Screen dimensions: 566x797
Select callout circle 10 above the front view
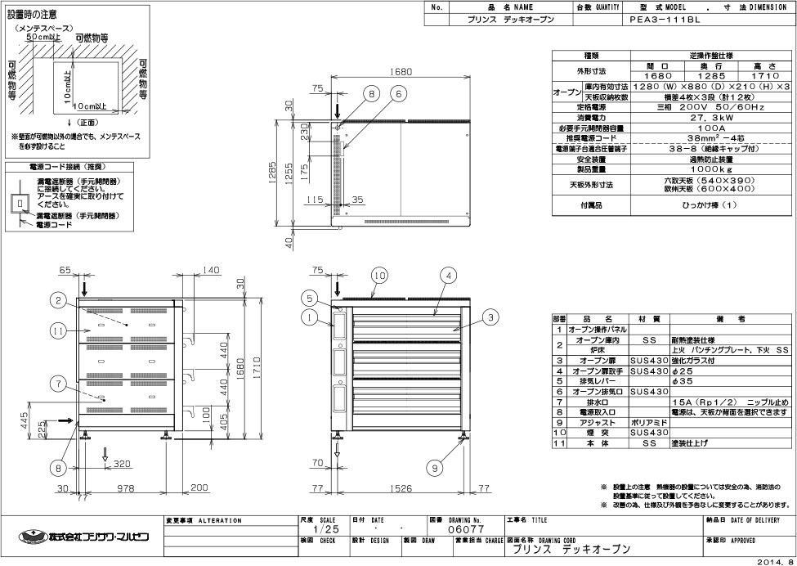377,276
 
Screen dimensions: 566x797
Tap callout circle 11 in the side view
56,330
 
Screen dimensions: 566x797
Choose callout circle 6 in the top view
398,94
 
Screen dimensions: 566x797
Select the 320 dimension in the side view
122,463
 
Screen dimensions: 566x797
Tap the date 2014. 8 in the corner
773,561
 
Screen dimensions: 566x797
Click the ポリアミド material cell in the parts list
650,423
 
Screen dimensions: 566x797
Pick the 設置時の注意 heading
34,14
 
